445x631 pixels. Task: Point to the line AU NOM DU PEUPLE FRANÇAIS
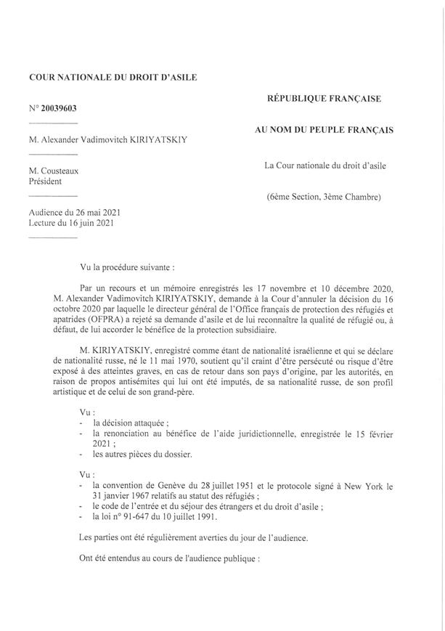click(323, 131)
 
